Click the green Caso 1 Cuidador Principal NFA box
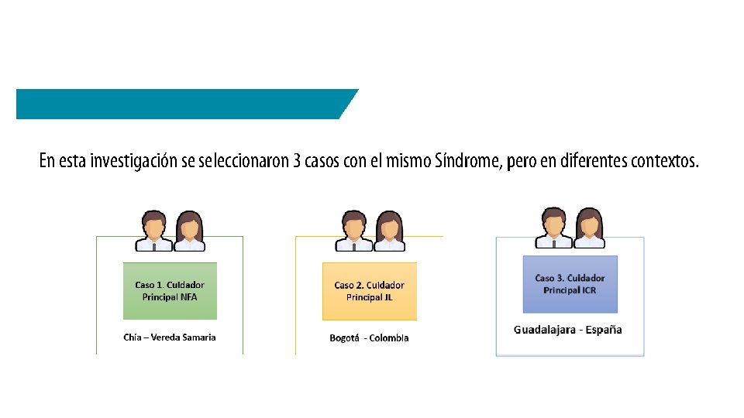170,291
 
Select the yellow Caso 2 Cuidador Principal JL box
369,291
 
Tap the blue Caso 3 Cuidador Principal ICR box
570,284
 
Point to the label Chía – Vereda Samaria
170,337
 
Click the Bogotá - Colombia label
369,338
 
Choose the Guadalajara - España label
568,330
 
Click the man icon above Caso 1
153,231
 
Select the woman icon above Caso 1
189,231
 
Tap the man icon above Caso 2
353,231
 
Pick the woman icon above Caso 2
389,231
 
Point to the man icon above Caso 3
553,228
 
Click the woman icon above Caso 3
589,228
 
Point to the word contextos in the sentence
664,162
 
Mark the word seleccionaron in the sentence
243,162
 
